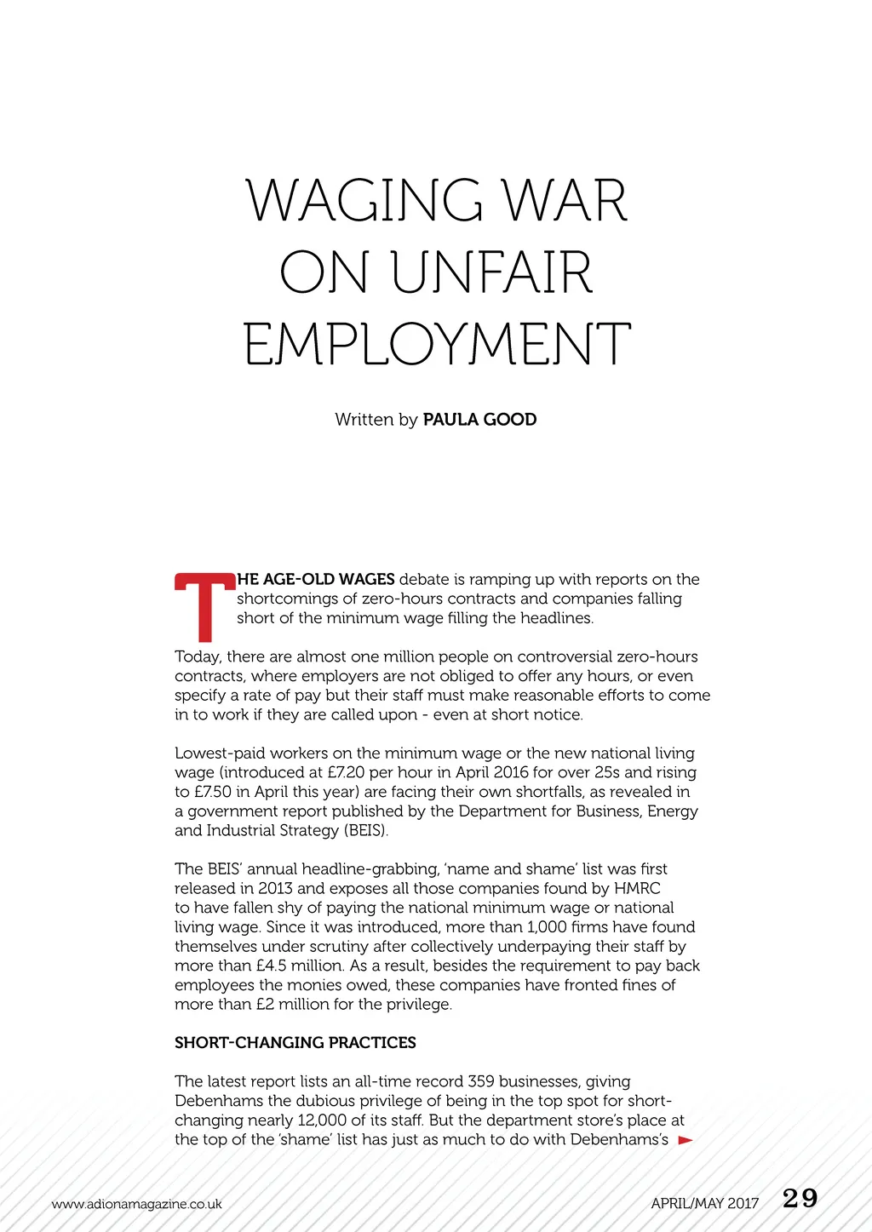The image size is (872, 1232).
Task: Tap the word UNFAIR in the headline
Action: (x=491, y=273)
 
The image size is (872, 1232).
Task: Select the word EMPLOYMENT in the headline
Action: (x=437, y=345)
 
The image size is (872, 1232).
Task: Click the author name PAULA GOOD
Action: (x=479, y=420)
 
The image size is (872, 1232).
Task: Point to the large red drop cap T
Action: (x=204, y=607)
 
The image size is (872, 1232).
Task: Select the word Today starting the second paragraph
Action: (x=197, y=657)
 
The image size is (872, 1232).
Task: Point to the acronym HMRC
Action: (x=637, y=889)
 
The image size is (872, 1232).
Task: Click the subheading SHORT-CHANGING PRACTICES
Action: (x=295, y=1043)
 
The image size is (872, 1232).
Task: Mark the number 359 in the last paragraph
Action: (x=481, y=1082)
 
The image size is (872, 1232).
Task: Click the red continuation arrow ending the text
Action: (x=686, y=1140)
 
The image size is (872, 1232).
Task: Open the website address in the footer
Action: (x=136, y=1204)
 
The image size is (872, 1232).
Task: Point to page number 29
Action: (x=800, y=1199)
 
